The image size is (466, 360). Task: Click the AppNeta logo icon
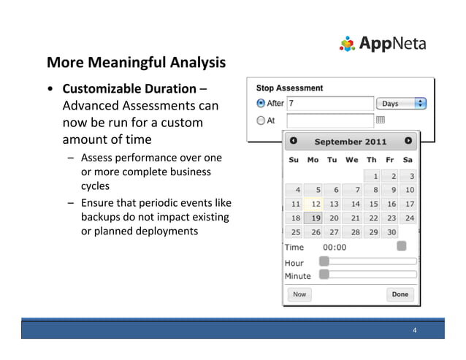coord(347,44)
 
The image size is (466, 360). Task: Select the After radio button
coord(261,103)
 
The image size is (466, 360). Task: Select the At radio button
coord(261,120)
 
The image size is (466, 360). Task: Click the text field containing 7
coord(329,104)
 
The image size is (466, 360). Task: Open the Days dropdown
coord(402,104)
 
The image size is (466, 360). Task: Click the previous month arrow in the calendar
coord(294,141)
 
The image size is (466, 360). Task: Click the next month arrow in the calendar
coord(408,141)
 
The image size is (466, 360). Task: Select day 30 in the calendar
coord(391,232)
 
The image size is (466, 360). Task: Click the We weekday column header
coord(352,159)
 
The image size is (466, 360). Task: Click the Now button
coord(299,294)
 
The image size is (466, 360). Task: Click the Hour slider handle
coord(324,261)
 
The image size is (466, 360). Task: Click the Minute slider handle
coord(324,275)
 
